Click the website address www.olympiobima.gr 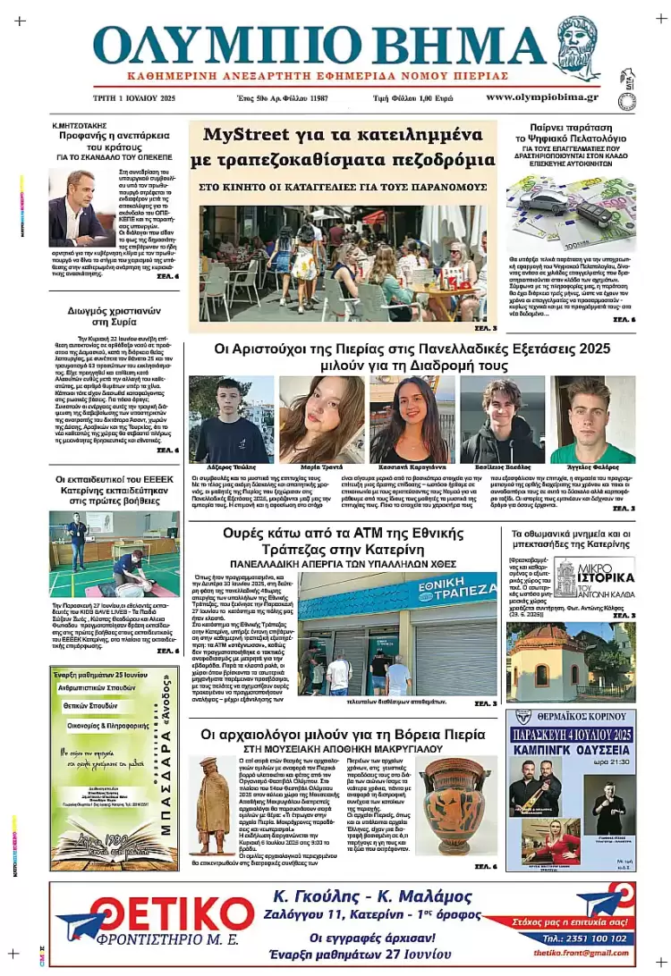pyautogui.click(x=542, y=97)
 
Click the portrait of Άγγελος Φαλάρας pyautogui.click(x=592, y=418)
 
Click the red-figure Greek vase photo pyautogui.click(x=454, y=804)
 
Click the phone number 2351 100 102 pyautogui.click(x=598, y=938)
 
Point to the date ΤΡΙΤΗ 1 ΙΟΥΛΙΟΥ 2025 pyautogui.click(x=134, y=97)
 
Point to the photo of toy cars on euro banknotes pyautogui.click(x=570, y=213)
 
